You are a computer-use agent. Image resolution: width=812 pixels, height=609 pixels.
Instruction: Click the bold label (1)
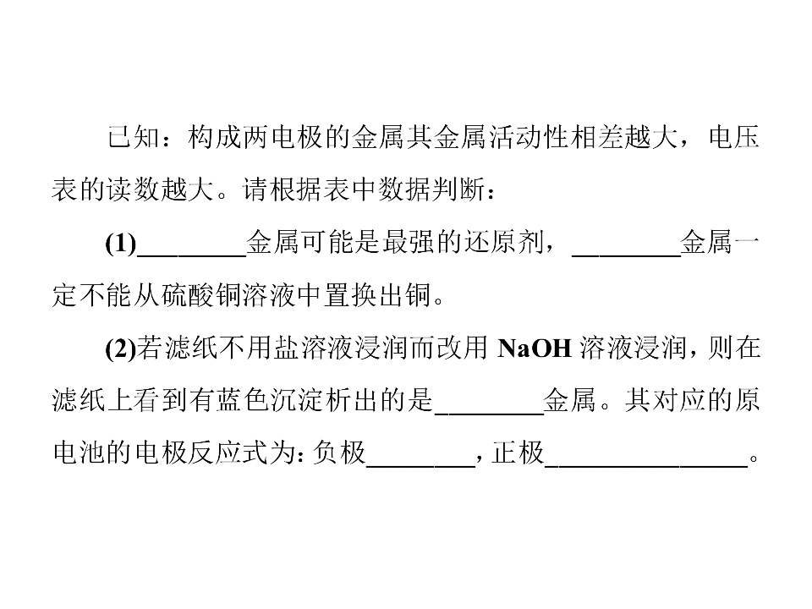point(121,244)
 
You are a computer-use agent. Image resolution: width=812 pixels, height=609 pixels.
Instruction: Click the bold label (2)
point(121,348)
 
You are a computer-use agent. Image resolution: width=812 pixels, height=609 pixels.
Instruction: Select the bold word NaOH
point(534,348)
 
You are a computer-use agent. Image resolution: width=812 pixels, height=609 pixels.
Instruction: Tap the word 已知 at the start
point(134,138)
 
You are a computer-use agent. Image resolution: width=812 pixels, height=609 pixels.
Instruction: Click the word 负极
point(339,453)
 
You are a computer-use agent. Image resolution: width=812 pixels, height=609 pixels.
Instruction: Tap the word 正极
point(518,453)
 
